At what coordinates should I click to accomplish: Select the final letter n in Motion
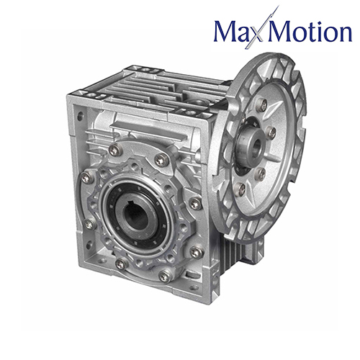click(x=342, y=34)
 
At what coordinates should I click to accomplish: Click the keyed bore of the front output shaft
click(x=135, y=215)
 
